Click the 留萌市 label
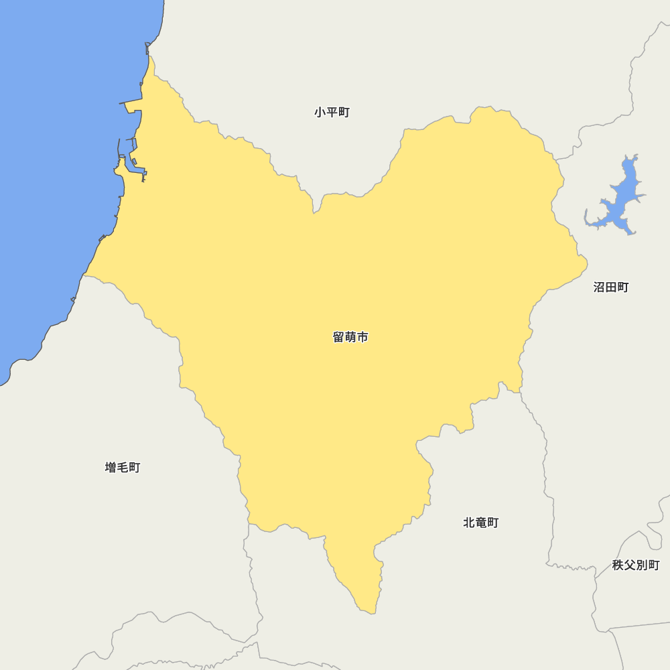pyautogui.click(x=350, y=337)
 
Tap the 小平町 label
pyautogui.click(x=332, y=112)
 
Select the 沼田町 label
pyautogui.click(x=611, y=287)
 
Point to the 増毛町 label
pyautogui.click(x=123, y=467)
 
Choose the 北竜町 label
pyautogui.click(x=481, y=522)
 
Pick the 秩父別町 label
pyautogui.click(x=636, y=565)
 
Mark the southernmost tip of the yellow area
pyautogui.click(x=367, y=612)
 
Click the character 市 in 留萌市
pyautogui.click(x=362, y=337)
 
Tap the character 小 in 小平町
pyautogui.click(x=320, y=112)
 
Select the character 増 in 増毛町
pyautogui.click(x=111, y=467)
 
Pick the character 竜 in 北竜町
pyautogui.click(x=481, y=522)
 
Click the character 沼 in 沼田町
pyautogui.click(x=599, y=287)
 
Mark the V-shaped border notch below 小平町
pyautogui.click(x=314, y=212)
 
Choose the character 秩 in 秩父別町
pyautogui.click(x=618, y=565)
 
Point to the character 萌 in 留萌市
pyautogui.click(x=350, y=337)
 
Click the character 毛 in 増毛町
pyautogui.click(x=123, y=467)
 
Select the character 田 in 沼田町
pyautogui.click(x=611, y=287)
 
